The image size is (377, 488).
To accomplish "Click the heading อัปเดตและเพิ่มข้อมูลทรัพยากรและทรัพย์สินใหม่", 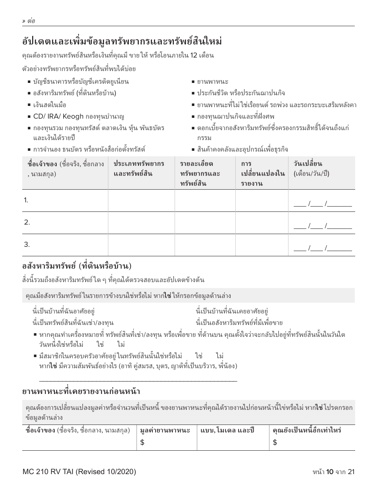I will click(122, 41).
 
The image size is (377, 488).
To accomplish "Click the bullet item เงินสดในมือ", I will click(50, 105).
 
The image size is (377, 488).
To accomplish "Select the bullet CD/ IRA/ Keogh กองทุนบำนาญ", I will click(79, 116).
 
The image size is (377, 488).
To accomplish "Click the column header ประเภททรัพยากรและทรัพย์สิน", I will click(139, 169).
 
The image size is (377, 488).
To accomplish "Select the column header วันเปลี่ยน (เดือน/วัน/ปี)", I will click(311, 169).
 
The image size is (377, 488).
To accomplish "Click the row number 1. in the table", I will click(26, 200).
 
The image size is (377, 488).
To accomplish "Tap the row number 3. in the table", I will click(27, 245).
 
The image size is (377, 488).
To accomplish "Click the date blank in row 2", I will click(322, 226).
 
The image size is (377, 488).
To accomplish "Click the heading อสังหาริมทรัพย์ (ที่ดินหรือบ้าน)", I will click(76, 266).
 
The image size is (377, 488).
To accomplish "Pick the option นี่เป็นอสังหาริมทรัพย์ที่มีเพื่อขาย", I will click(239, 323).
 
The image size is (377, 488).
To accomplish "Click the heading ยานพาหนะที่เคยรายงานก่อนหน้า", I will click(81, 392).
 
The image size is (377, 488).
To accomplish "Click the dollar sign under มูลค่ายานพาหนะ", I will click(142, 443).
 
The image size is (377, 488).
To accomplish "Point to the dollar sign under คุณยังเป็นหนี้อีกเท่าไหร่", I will click(275, 443).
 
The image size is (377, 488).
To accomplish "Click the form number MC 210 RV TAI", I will click(79, 472).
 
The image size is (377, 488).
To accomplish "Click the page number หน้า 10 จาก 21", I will click(333, 472).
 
